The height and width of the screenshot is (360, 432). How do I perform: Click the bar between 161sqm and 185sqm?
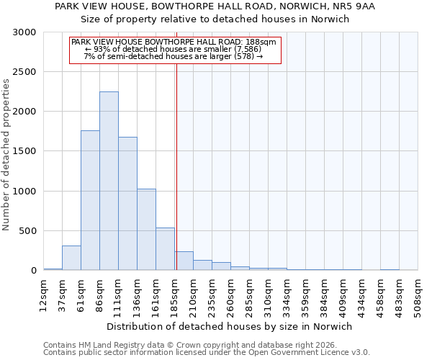pyautogui.click(x=165, y=249)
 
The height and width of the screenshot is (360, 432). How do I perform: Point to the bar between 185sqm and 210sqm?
pyautogui.click(x=184, y=261)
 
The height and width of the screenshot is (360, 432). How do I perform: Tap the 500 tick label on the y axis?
pyautogui.click(x=27, y=231)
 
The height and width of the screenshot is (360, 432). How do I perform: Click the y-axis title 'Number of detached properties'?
pyautogui.click(x=6, y=155)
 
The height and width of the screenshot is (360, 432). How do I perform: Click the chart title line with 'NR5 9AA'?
pyautogui.click(x=215, y=6)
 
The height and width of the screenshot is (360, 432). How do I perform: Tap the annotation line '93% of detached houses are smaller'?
pyautogui.click(x=174, y=49)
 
